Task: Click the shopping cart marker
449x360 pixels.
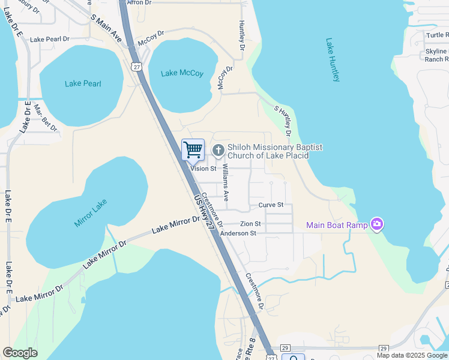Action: [x=193, y=150]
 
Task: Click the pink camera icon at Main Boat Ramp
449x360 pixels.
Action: [x=377, y=224]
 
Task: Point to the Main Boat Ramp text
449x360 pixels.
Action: [x=337, y=226]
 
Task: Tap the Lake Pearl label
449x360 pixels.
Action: [x=83, y=83]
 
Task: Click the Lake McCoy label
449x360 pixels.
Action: [x=182, y=73]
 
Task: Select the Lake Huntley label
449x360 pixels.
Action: [x=336, y=60]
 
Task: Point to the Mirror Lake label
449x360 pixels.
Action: [x=91, y=212]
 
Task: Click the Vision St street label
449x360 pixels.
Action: [x=203, y=169]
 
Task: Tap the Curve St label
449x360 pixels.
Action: [x=271, y=205]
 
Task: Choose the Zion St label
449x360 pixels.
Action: [x=250, y=223]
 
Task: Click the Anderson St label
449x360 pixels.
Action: [x=238, y=233]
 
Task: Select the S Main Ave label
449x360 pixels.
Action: [x=106, y=28]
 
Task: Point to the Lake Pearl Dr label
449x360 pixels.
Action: [x=50, y=39]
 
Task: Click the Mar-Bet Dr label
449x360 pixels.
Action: [x=45, y=118]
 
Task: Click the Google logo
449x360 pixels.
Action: [x=20, y=353]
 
